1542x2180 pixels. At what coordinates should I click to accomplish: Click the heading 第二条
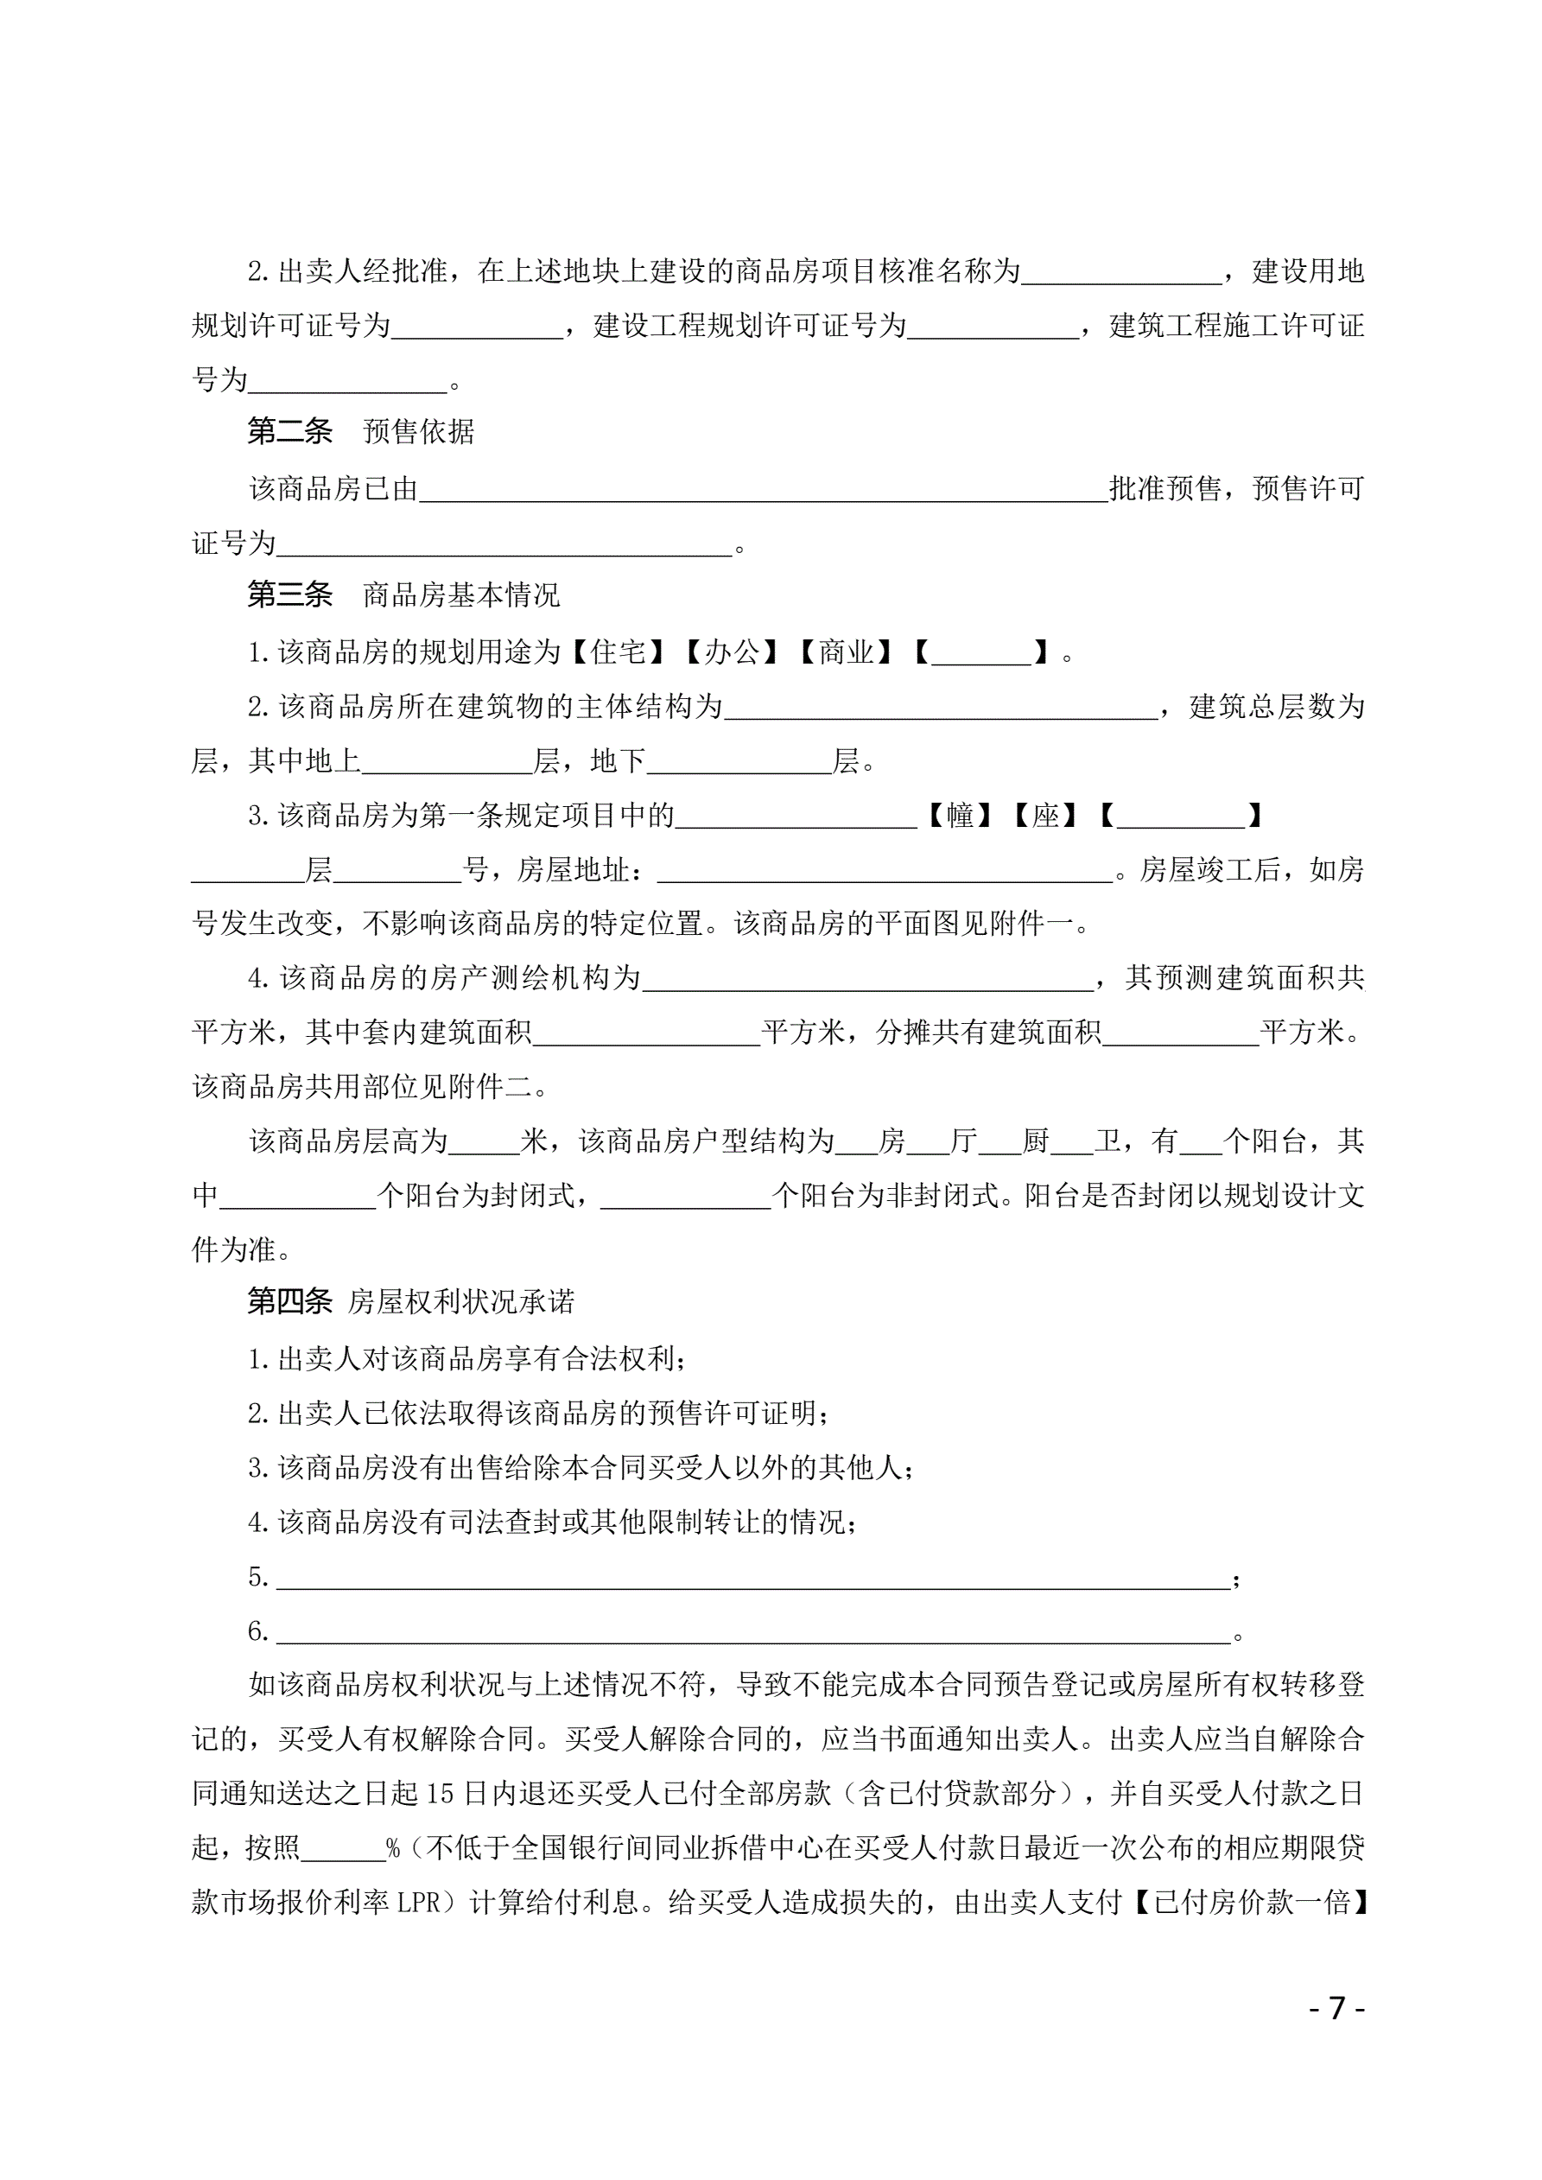(x=289, y=432)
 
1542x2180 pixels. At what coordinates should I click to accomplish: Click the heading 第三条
(x=289, y=595)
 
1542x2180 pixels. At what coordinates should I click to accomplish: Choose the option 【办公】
(x=732, y=652)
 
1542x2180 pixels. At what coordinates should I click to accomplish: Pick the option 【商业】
(x=846, y=652)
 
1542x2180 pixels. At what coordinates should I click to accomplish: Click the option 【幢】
(x=961, y=816)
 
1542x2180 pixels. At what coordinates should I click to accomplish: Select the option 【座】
(x=1046, y=816)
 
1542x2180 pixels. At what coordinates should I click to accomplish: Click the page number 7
(x=1337, y=2008)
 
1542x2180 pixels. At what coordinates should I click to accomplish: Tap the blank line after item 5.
(x=753, y=1579)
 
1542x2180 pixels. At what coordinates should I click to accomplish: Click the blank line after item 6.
(x=753, y=1633)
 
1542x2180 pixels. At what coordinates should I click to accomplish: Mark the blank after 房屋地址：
(x=885, y=871)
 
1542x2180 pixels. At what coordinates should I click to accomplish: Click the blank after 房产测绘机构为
(x=868, y=979)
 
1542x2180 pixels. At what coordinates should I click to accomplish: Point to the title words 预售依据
(x=419, y=432)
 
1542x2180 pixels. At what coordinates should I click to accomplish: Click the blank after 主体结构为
(x=941, y=708)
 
